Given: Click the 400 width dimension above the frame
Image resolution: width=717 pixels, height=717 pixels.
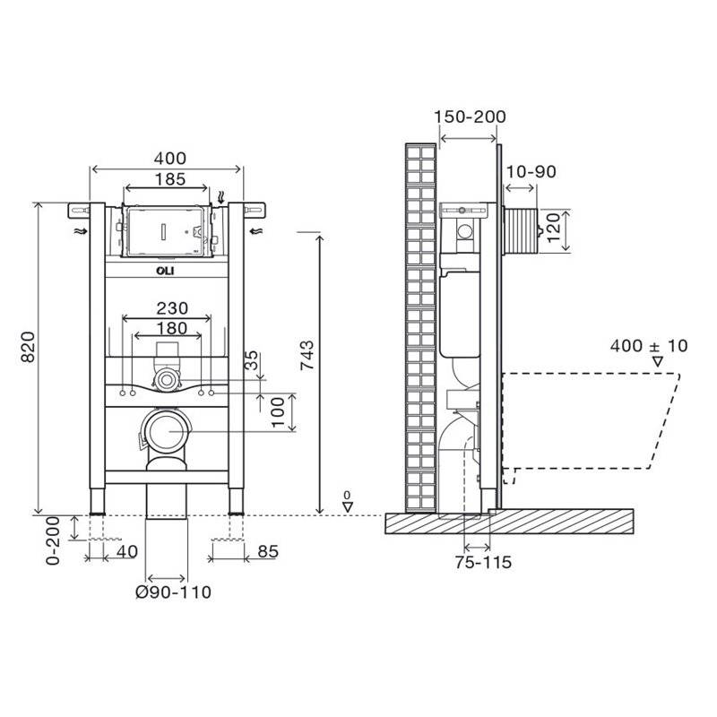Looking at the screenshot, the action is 170,159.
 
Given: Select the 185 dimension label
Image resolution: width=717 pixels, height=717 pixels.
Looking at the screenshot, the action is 170,179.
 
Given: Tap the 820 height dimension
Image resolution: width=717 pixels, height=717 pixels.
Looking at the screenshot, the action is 28,347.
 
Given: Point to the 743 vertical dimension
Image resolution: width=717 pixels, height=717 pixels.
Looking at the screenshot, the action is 307,355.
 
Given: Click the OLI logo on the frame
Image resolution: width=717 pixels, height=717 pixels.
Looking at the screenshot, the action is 165,271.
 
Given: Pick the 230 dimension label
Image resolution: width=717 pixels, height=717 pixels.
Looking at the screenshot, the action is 172,308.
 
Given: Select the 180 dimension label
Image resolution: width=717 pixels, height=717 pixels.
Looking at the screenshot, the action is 172,328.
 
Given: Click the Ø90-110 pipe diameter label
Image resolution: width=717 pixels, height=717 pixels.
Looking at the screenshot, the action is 174,592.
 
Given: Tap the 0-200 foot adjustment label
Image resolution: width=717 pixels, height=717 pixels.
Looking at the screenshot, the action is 54,540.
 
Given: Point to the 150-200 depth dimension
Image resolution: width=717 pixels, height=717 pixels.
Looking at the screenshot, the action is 470,117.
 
